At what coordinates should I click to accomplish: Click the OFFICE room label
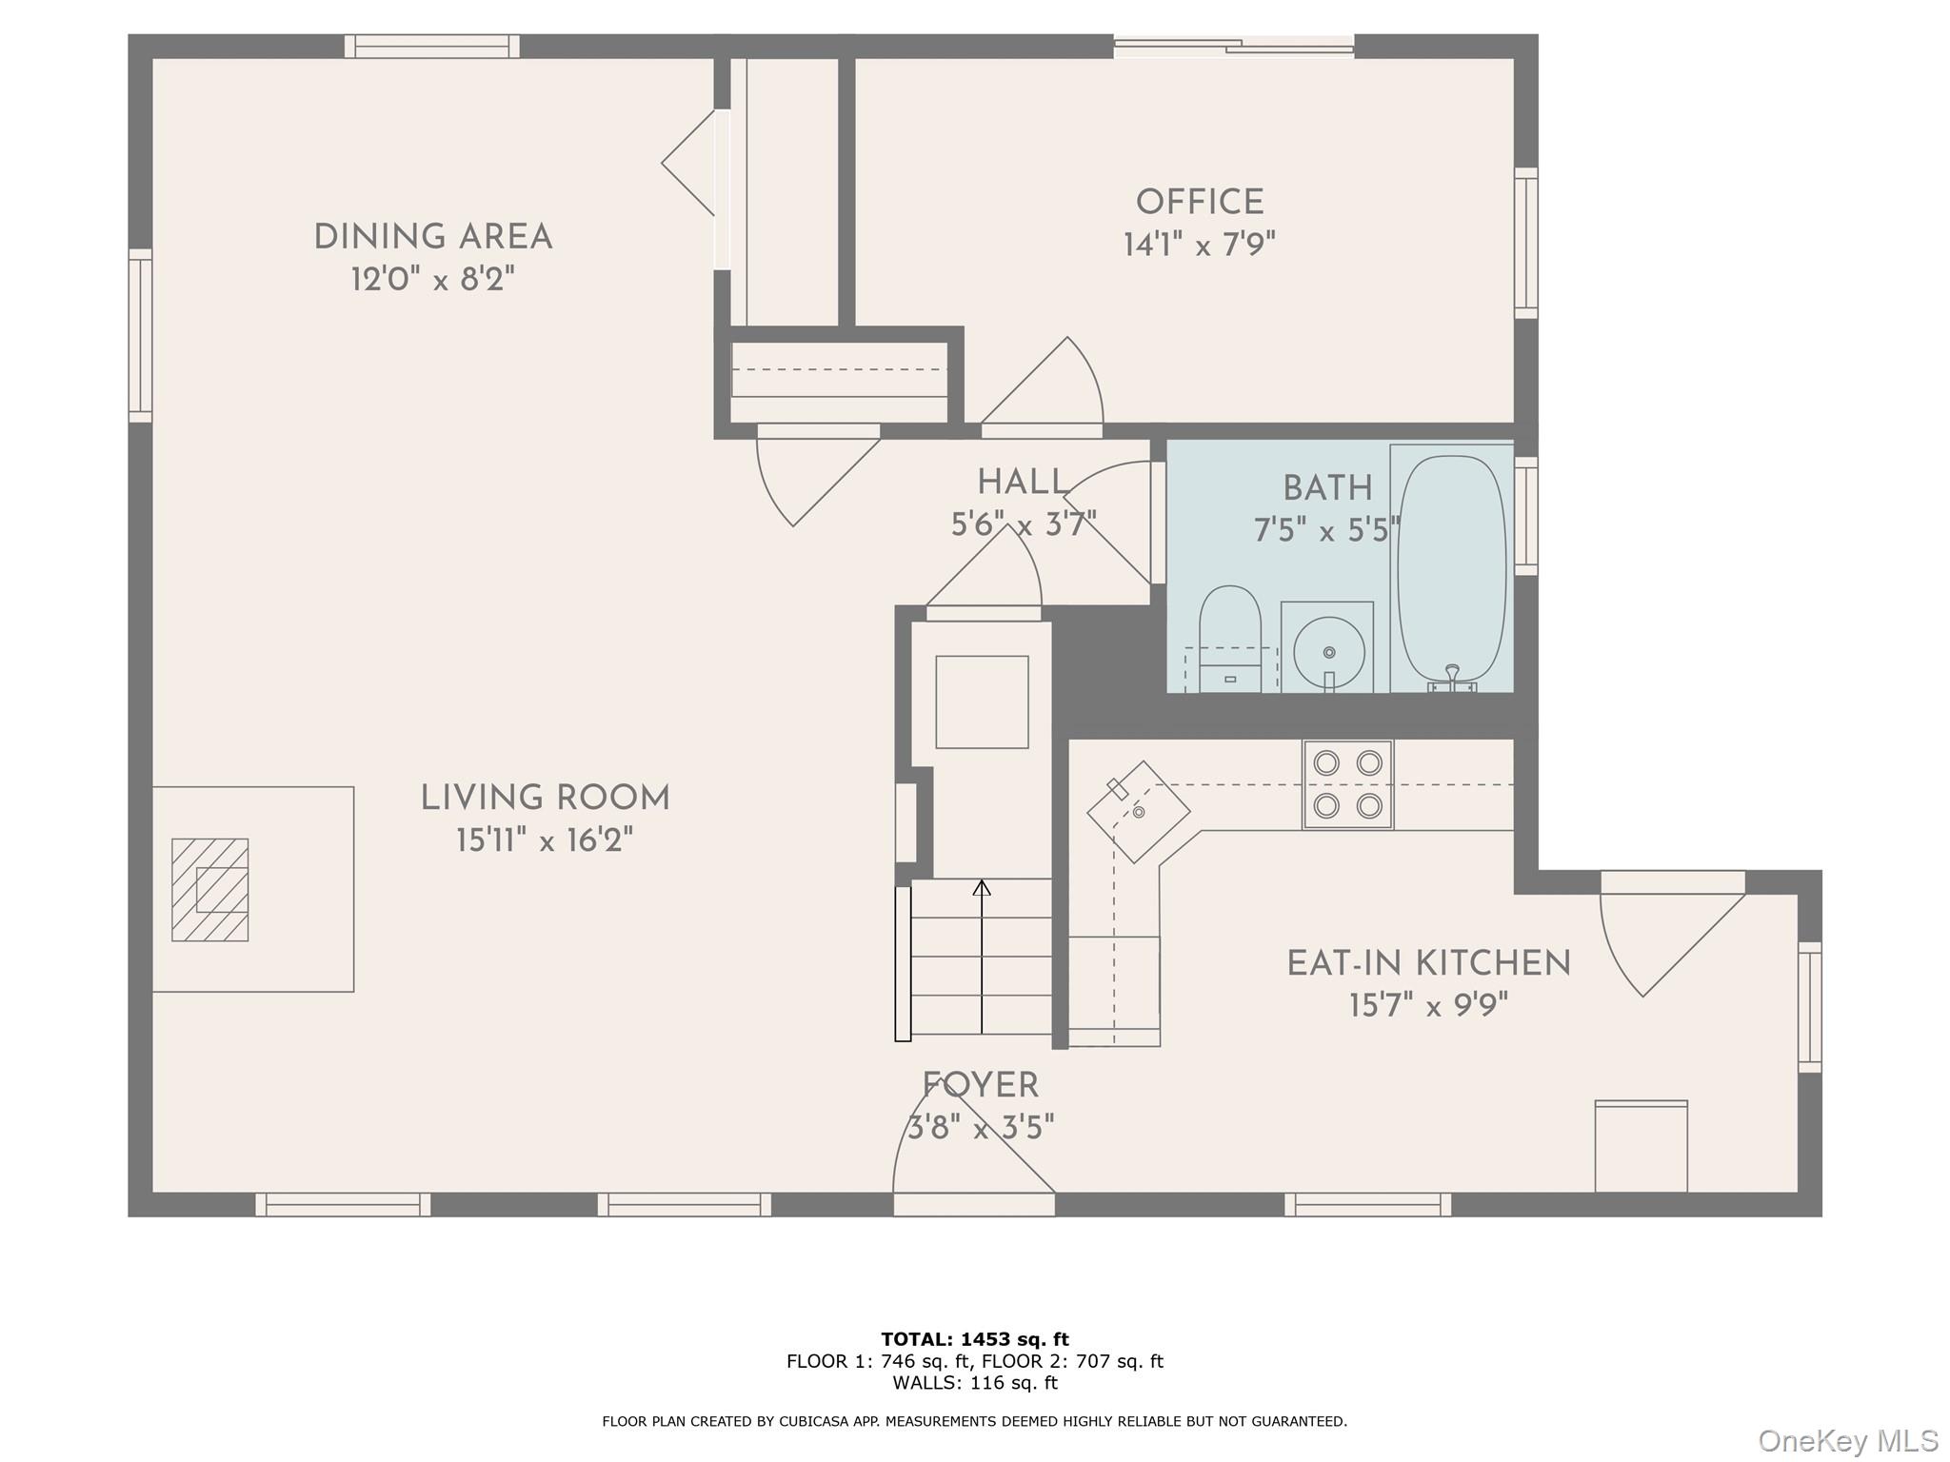1199,202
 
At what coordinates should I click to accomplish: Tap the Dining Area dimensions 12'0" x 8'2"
433,280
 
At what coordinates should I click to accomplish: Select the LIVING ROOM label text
545,798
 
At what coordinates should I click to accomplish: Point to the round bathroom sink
1328,652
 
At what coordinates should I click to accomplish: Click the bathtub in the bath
1451,567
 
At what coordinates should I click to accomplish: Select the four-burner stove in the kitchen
1347,784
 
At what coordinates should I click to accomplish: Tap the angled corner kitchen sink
1138,811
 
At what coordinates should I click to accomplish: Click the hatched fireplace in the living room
209,890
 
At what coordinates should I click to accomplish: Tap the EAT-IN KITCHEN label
1428,963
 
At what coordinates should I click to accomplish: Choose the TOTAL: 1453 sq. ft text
974,1339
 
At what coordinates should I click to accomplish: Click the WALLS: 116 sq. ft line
974,1383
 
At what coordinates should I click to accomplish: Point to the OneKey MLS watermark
1847,1440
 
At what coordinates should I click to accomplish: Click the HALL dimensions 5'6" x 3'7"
1024,524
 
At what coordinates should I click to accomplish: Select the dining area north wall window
431,46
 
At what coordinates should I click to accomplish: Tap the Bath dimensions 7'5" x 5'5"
1326,530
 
